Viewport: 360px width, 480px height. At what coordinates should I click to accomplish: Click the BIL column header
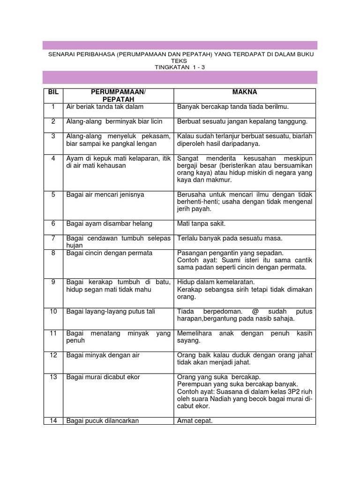pyautogui.click(x=53, y=92)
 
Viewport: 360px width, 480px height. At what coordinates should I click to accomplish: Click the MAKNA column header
pyautogui.click(x=244, y=92)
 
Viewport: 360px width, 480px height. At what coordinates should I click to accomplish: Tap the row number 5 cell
pyautogui.click(x=53, y=195)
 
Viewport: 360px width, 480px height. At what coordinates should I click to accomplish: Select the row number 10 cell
pyautogui.click(x=53, y=312)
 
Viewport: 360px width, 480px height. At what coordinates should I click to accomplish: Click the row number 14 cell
pyautogui.click(x=53, y=421)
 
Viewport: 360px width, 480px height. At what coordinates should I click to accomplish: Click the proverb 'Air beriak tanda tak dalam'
pyautogui.click(x=105, y=107)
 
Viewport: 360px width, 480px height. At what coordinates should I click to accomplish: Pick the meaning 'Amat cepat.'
pyautogui.click(x=195, y=421)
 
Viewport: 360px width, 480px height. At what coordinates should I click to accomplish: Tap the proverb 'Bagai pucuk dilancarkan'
pyautogui.click(x=103, y=421)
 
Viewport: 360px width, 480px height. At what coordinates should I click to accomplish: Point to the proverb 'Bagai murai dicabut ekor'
pyautogui.click(x=103, y=377)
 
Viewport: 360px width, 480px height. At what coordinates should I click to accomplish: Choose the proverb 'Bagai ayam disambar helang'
pyautogui.click(x=109, y=224)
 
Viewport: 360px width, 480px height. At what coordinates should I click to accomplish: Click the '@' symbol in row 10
pyautogui.click(x=256, y=312)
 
